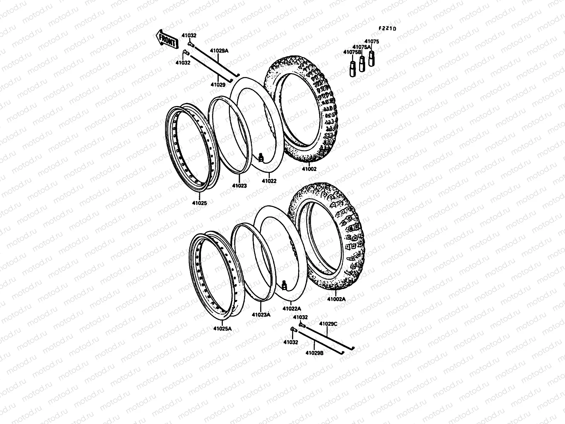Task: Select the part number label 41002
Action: [x=309, y=169]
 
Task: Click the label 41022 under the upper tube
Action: [x=269, y=181]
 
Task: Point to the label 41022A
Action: [x=292, y=308]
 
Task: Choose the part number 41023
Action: [x=239, y=185]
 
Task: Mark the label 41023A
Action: [x=261, y=315]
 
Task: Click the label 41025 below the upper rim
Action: [x=200, y=203]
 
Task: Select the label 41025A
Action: [x=222, y=328]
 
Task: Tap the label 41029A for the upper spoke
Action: [x=220, y=51]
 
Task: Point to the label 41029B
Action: [x=314, y=352]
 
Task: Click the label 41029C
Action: [x=328, y=323]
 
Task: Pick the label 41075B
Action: [x=352, y=52]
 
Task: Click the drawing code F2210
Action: [x=387, y=29]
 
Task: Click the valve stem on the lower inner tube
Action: [x=285, y=284]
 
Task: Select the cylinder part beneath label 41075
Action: [x=371, y=58]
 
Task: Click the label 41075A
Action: [x=362, y=47]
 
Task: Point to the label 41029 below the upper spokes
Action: [x=218, y=85]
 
